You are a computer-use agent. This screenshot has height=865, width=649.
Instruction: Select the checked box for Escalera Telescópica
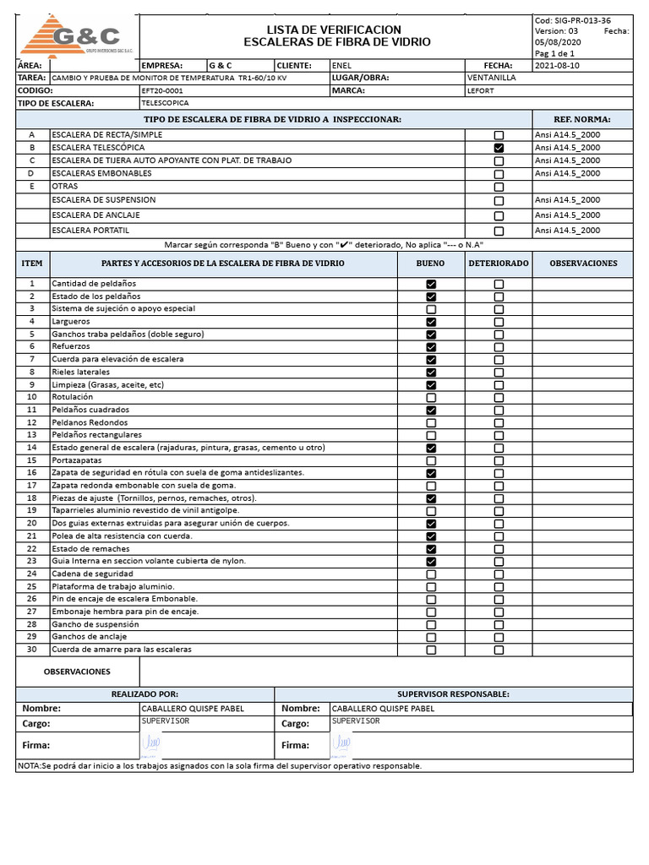coord(499,148)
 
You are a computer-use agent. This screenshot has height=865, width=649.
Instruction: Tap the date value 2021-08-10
coord(558,66)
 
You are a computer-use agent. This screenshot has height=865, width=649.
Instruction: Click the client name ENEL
coord(341,66)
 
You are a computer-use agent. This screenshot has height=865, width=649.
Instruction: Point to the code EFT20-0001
coord(162,90)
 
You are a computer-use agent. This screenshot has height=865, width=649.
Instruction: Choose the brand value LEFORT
coord(481,90)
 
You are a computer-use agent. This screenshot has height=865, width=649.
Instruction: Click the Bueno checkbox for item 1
coord(431,285)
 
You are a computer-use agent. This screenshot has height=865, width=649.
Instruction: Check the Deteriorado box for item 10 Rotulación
coord(499,397)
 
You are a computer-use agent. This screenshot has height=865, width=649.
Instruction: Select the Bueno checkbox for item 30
coord(431,650)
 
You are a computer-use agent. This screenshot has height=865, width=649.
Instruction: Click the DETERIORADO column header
coord(499,264)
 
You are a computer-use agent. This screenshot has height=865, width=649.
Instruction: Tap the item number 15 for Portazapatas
coord(32,460)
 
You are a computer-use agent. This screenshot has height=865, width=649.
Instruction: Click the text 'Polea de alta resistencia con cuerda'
coord(122,536)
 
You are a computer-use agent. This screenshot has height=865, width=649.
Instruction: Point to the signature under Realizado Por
coord(152,743)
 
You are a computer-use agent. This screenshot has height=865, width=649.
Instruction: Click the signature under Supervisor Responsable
coord(342,743)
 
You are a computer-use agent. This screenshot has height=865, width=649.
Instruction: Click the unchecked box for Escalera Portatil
coord(499,231)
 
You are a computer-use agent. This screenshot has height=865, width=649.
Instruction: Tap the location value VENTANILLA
coord(490,78)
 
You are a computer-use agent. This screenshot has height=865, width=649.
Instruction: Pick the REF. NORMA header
coord(581,119)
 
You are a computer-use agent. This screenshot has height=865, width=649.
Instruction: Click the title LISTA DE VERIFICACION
coord(335,30)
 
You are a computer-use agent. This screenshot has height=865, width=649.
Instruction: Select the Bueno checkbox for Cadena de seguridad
coord(431,574)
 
